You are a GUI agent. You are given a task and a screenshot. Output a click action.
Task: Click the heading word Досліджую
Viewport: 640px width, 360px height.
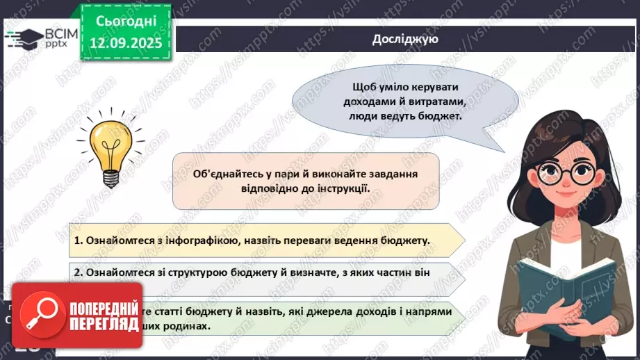tap(404, 39)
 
